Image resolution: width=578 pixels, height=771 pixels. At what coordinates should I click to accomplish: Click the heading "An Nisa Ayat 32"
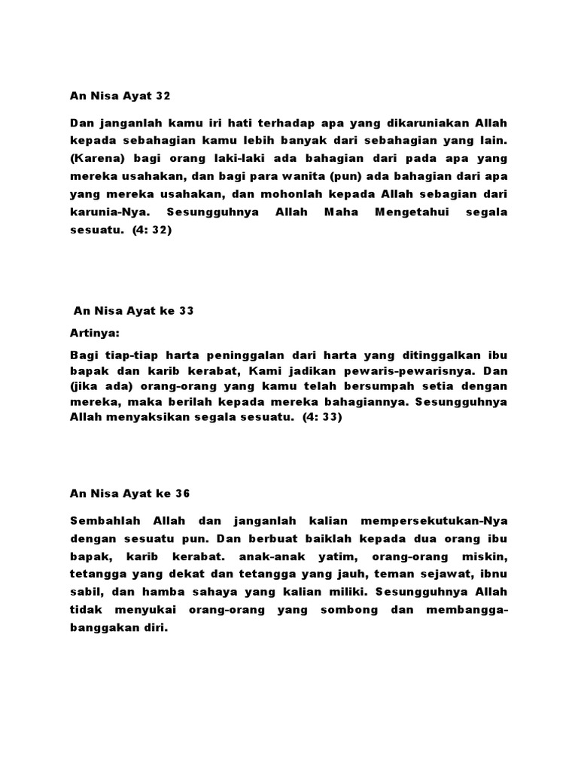tap(120, 96)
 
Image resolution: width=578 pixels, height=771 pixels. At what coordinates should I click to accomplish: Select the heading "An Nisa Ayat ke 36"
tap(130, 494)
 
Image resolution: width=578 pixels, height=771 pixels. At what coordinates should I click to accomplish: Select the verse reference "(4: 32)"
tap(152, 231)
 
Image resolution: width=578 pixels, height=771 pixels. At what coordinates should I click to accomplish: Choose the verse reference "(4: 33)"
tap(322, 419)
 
